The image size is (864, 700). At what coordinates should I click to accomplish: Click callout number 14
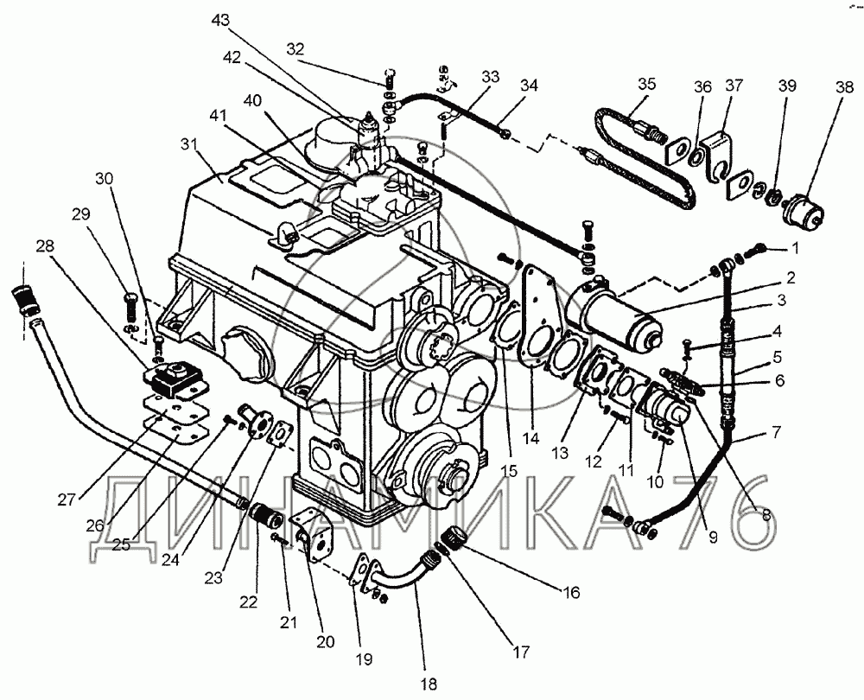530,438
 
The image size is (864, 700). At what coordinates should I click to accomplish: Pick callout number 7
776,430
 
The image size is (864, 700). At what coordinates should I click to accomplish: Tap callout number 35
646,84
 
